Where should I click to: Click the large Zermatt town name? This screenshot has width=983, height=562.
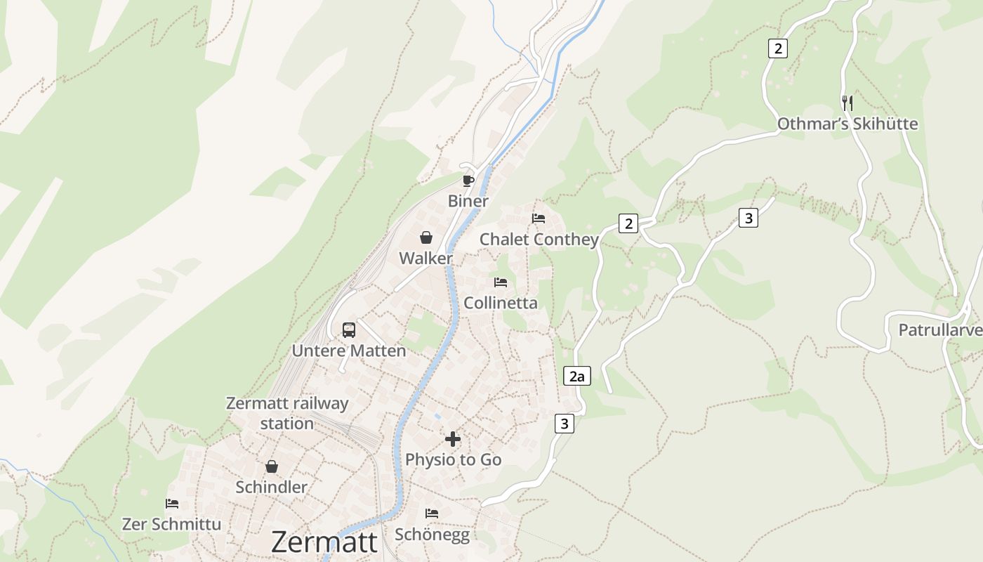pos(324,542)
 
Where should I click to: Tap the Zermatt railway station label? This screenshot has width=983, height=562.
pos(287,413)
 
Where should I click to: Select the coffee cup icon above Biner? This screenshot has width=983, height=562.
pos(468,181)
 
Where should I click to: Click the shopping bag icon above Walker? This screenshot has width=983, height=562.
pos(425,237)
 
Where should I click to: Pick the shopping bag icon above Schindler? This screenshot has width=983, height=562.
pos(272,466)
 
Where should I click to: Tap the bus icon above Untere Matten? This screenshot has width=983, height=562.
pos(348,329)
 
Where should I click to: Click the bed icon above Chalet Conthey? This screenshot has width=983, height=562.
pos(539,218)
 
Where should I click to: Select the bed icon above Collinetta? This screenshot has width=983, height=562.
pos(501,282)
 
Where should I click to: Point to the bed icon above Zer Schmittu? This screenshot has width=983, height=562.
pos(172,504)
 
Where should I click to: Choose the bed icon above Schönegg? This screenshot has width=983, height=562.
pos(432,514)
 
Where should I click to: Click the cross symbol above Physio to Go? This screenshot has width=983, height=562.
pos(453,439)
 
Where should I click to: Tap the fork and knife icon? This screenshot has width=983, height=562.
pos(847,103)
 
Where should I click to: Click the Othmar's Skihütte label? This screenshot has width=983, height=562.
pos(847,124)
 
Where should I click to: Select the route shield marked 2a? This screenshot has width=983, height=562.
pos(576,377)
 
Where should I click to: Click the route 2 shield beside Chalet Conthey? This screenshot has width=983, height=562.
pos(628,224)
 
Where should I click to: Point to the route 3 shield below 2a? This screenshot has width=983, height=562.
pos(564,424)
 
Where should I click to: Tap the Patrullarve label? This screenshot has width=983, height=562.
pos(939,329)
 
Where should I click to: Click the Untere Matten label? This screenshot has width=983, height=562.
pos(349,351)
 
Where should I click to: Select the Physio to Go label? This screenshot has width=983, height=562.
pos(453,460)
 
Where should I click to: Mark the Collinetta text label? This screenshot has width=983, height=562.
pos(501,303)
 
